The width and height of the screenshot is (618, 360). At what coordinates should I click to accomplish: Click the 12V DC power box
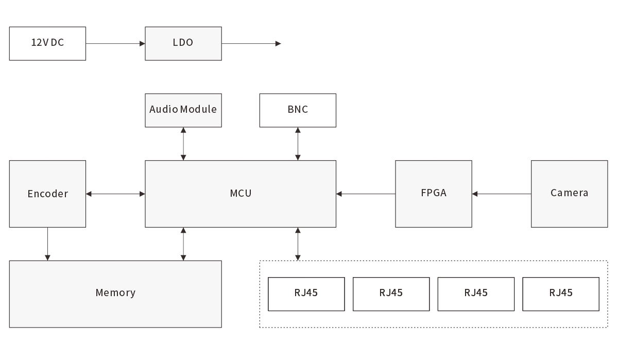pyautogui.click(x=47, y=43)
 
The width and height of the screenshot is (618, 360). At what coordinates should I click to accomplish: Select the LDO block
pyautogui.click(x=183, y=43)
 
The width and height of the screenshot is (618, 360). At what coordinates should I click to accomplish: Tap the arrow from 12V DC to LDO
pyautogui.click(x=115, y=44)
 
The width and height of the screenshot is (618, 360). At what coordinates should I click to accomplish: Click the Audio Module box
pyautogui.click(x=183, y=110)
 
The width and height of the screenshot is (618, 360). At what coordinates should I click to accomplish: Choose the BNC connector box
pyautogui.click(x=298, y=110)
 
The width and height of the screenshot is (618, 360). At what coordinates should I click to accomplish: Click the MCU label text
pyautogui.click(x=241, y=194)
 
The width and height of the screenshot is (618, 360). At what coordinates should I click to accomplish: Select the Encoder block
pyautogui.click(x=47, y=194)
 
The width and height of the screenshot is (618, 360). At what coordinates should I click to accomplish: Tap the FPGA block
pyautogui.click(x=433, y=194)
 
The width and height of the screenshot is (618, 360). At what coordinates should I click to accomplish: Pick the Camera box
pyautogui.click(x=569, y=194)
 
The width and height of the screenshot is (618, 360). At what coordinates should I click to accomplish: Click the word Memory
pyautogui.click(x=115, y=293)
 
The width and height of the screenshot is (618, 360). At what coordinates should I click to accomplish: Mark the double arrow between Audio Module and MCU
pyautogui.click(x=183, y=144)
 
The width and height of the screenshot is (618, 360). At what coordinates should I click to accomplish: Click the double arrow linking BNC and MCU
pyautogui.click(x=298, y=144)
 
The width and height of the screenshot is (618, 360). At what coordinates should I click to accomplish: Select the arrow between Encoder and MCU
pyautogui.click(x=115, y=194)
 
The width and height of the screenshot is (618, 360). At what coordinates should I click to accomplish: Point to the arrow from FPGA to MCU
pyautogui.click(x=366, y=194)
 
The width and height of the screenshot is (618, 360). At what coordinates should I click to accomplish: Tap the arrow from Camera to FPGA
pyautogui.click(x=501, y=194)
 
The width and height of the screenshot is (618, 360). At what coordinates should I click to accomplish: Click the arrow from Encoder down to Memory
pyautogui.click(x=47, y=244)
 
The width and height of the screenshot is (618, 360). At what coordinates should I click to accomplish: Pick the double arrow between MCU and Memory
pyautogui.click(x=183, y=244)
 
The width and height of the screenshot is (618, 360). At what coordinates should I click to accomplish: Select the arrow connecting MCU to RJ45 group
pyautogui.click(x=298, y=244)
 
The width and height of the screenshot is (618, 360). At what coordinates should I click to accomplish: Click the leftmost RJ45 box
pyautogui.click(x=306, y=294)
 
